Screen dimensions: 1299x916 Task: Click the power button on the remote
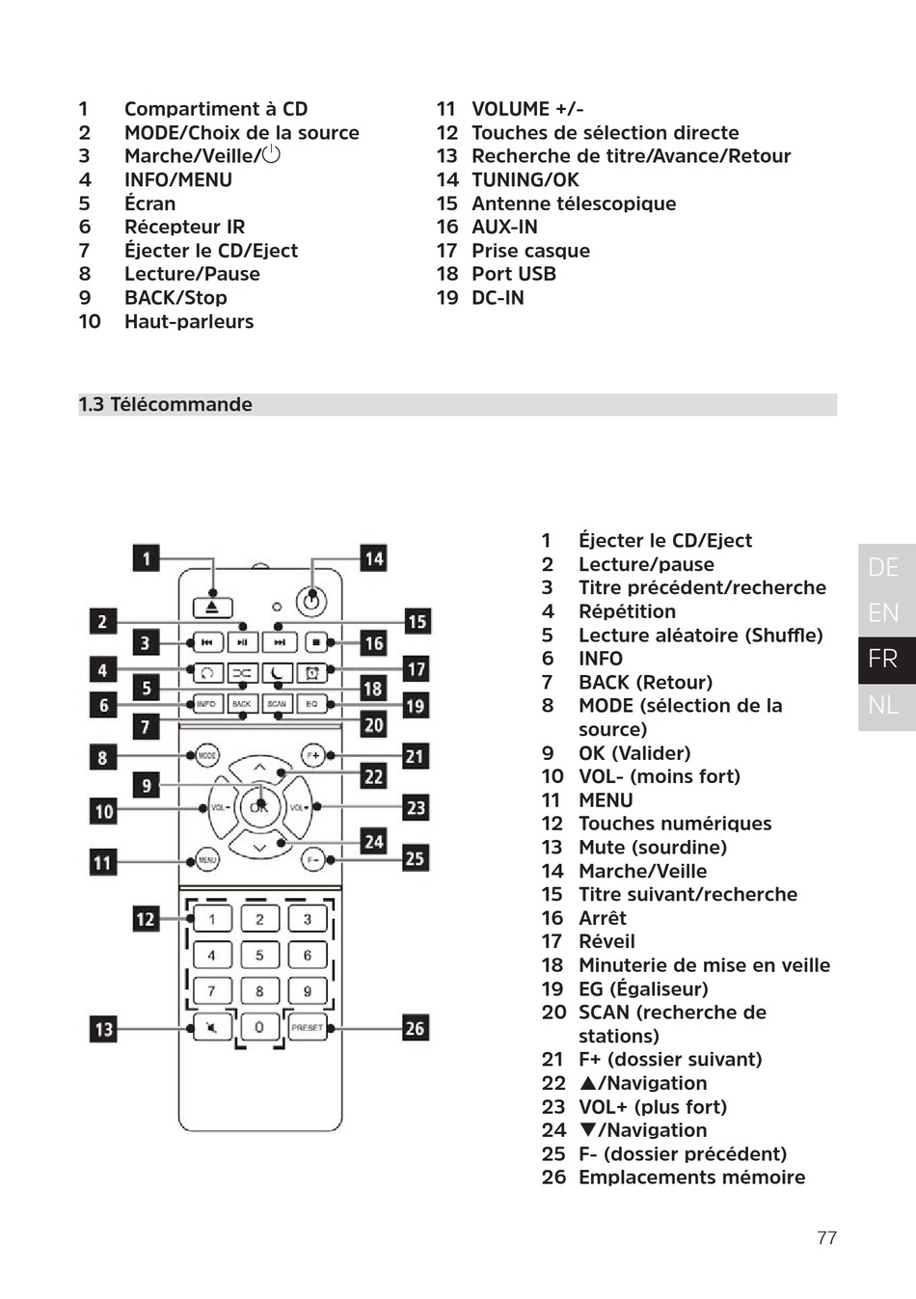point(310,602)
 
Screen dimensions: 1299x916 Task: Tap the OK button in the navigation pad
point(259,806)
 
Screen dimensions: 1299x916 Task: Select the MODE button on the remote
point(207,755)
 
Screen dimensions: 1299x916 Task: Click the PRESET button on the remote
point(307,1027)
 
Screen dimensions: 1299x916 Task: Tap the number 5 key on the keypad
point(259,955)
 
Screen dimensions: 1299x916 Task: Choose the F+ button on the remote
point(312,755)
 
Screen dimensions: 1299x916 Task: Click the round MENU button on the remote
point(207,858)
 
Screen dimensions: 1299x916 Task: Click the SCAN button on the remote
point(277,704)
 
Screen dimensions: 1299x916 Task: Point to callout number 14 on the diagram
point(373,557)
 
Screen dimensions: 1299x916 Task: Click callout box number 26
point(415,1028)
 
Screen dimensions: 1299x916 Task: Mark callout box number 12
point(145,919)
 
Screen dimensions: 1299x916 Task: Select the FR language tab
point(883,659)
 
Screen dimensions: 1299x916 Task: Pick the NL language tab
point(883,705)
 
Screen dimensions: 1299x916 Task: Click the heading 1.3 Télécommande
point(166,405)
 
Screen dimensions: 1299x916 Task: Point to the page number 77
point(826,1238)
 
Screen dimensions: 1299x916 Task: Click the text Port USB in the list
point(513,274)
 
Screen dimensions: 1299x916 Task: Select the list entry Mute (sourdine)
point(652,848)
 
